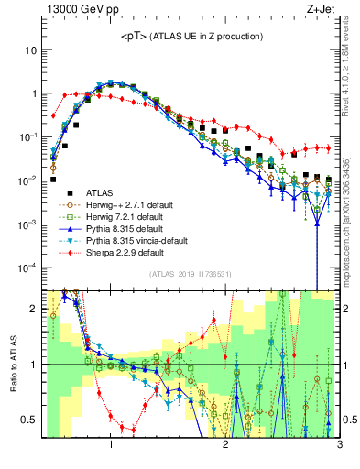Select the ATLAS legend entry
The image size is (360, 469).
click(x=100, y=193)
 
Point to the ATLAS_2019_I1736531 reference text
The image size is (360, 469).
click(x=191, y=274)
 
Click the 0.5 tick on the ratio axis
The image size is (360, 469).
click(x=31, y=420)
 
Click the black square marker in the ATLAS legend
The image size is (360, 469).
click(x=61, y=193)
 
